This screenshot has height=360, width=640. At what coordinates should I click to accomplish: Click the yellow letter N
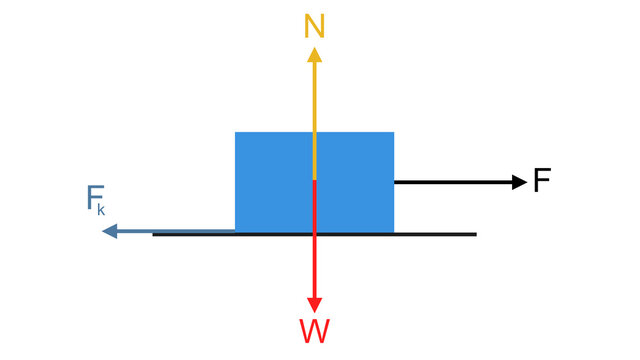(x=315, y=27)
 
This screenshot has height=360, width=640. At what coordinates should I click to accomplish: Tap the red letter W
(x=315, y=331)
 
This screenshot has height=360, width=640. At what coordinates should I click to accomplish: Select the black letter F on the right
(x=542, y=181)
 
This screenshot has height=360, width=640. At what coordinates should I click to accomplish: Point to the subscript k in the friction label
(x=102, y=211)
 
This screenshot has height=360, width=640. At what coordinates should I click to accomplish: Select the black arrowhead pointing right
(x=518, y=182)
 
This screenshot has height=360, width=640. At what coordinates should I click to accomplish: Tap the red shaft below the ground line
(x=315, y=265)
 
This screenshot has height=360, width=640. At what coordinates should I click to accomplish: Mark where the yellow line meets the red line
(x=315, y=180)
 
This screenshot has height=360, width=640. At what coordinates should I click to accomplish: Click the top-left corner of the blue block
(x=235, y=132)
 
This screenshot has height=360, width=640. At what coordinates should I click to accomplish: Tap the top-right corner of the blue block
(x=394, y=132)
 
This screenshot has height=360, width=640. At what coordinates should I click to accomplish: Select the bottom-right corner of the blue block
(x=394, y=232)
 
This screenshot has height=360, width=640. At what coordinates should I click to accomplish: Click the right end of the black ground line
(x=476, y=234)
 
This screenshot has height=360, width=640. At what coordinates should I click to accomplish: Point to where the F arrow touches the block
(x=395, y=182)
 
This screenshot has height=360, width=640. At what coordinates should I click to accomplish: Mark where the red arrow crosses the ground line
(x=315, y=234)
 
